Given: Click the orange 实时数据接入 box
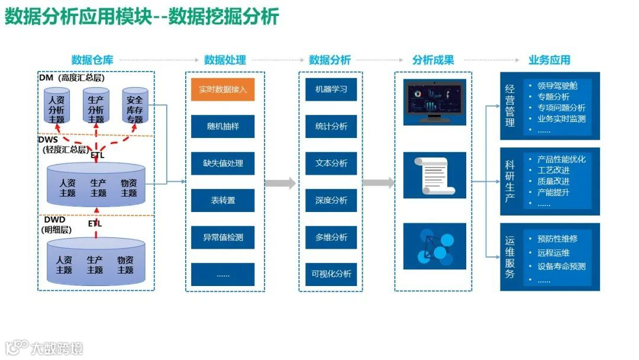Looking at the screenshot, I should click(x=222, y=89).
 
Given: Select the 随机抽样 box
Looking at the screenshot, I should click(x=222, y=127).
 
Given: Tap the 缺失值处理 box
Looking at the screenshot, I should click(x=222, y=163).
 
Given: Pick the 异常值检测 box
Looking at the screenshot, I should click(x=222, y=237).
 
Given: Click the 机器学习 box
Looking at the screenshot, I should click(x=331, y=89).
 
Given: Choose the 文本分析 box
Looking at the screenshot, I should click(x=331, y=163).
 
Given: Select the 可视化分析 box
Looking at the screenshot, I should click(x=331, y=274).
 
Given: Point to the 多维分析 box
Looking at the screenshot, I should click(x=331, y=237).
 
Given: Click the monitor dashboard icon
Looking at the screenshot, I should click(x=434, y=102).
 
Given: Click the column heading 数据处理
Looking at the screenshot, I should click(x=225, y=60).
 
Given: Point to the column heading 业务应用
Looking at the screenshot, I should click(x=549, y=60).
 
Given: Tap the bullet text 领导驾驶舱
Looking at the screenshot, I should click(x=557, y=86).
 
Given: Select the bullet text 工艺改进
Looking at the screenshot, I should click(x=553, y=170).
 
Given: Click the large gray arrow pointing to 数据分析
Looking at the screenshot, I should click(x=280, y=183).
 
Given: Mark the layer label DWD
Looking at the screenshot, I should click(x=54, y=220).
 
